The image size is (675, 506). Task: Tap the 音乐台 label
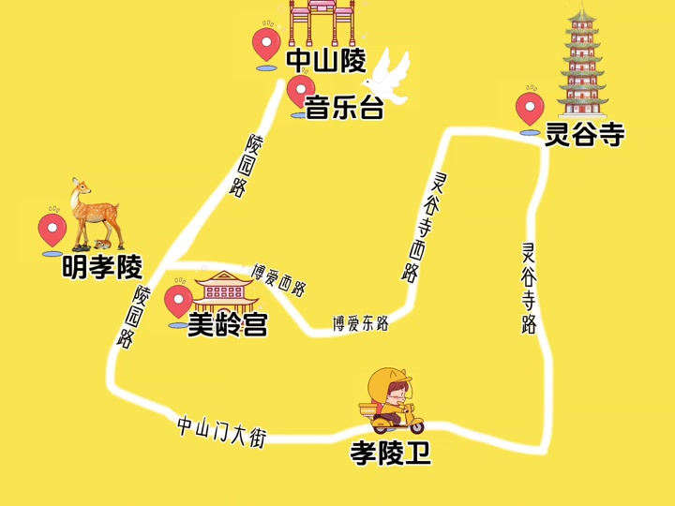[x=345, y=109]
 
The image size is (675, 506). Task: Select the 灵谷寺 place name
[x=585, y=136]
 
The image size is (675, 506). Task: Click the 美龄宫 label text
[x=228, y=325]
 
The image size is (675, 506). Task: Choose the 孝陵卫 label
[x=391, y=454]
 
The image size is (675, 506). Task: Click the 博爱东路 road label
[x=360, y=324]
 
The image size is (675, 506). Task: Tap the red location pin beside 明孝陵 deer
[x=52, y=231]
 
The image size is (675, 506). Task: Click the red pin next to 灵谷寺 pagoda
[x=530, y=108]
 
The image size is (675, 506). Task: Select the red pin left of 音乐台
[x=300, y=92]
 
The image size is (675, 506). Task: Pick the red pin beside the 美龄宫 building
[x=178, y=302]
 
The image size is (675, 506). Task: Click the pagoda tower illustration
[x=582, y=62]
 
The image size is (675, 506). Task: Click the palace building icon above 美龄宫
[x=225, y=289]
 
